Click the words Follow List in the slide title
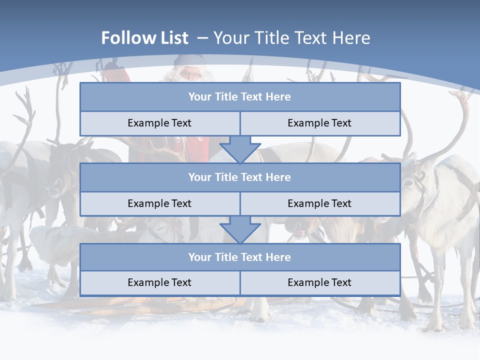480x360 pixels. [x=144, y=38]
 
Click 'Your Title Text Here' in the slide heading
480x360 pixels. [x=291, y=38]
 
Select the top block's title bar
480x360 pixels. [x=240, y=97]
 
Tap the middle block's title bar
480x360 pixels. [x=240, y=177]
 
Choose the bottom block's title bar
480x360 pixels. [x=240, y=257]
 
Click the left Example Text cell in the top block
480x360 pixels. [x=159, y=123]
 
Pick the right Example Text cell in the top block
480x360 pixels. [x=319, y=123]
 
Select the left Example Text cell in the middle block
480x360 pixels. [x=159, y=203]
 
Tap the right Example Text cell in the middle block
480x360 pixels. [x=319, y=203]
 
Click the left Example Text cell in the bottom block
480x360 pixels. [x=159, y=283]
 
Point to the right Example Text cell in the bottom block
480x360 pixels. [x=319, y=283]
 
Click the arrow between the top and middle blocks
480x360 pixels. [x=240, y=149]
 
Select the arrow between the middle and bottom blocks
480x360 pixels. [x=240, y=229]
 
